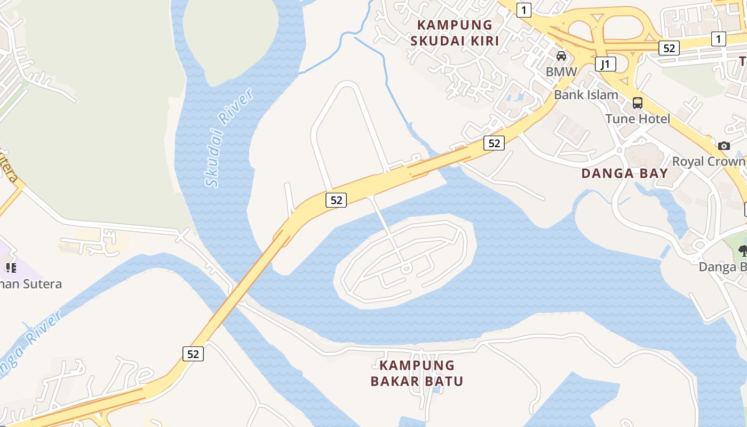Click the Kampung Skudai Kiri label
[x=455, y=33]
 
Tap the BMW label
[x=561, y=72]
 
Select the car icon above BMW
[x=561, y=56]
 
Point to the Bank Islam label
[x=586, y=95]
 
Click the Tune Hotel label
[x=638, y=118]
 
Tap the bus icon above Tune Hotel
[x=637, y=103]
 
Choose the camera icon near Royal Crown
[x=724, y=146]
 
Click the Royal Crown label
[x=709, y=161]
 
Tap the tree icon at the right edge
[x=742, y=250]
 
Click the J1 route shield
[x=605, y=65]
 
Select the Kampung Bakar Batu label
[x=417, y=373]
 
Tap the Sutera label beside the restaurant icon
[x=32, y=284]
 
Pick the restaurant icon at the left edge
[x=10, y=267]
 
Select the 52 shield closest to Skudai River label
[x=336, y=200]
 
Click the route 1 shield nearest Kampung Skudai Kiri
[x=525, y=10]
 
